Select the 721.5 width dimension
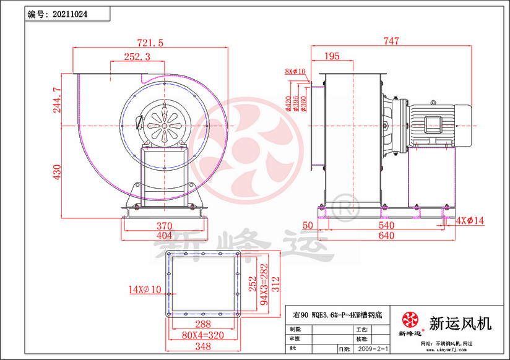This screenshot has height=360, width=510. (150, 43)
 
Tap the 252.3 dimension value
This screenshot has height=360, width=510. (137, 57)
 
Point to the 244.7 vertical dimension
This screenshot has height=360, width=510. (58, 99)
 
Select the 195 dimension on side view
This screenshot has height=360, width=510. (332, 57)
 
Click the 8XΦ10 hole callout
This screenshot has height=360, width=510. (296, 72)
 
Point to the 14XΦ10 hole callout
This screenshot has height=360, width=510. (145, 289)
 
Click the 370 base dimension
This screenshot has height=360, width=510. (163, 226)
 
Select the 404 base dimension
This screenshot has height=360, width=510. (163, 236)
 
